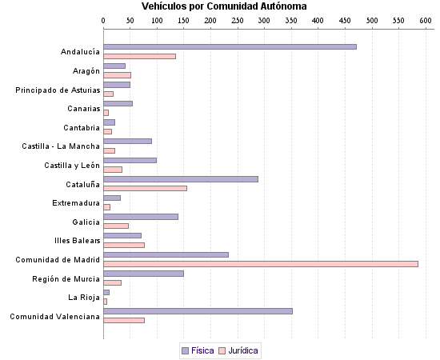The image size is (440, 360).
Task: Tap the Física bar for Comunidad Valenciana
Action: (x=198, y=310)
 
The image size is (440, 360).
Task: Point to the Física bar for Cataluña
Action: (x=181, y=178)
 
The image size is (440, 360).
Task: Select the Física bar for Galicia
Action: (x=141, y=216)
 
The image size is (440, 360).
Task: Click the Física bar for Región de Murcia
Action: (x=143, y=273)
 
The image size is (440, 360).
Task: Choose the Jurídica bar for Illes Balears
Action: (x=124, y=245)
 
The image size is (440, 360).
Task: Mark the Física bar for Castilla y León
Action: (x=130, y=160)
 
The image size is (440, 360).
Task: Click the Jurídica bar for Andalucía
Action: (x=139, y=56)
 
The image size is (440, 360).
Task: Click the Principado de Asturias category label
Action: (x=58, y=90)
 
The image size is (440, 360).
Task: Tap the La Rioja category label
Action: (x=84, y=297)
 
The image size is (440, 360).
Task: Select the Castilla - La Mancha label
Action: (x=61, y=146)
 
